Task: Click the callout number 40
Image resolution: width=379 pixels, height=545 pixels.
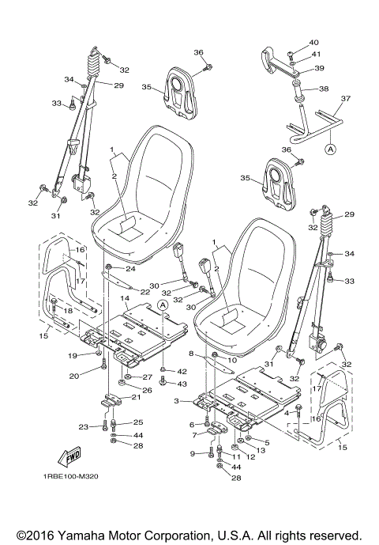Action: [x=313, y=42]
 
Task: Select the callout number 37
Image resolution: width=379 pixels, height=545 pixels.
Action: [x=345, y=100]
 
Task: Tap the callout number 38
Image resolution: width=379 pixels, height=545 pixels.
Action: [x=324, y=89]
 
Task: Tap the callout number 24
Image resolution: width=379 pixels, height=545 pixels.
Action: [x=130, y=269]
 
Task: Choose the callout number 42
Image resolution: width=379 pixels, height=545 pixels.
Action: [x=181, y=370]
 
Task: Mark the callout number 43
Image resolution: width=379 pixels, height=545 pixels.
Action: [x=181, y=383]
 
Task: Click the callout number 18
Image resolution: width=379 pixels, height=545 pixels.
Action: [x=68, y=312]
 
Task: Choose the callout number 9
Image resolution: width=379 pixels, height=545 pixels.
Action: [x=192, y=453]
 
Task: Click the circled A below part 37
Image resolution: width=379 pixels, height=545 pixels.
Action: [x=330, y=148]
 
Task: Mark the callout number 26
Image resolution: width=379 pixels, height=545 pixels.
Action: [x=146, y=390]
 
